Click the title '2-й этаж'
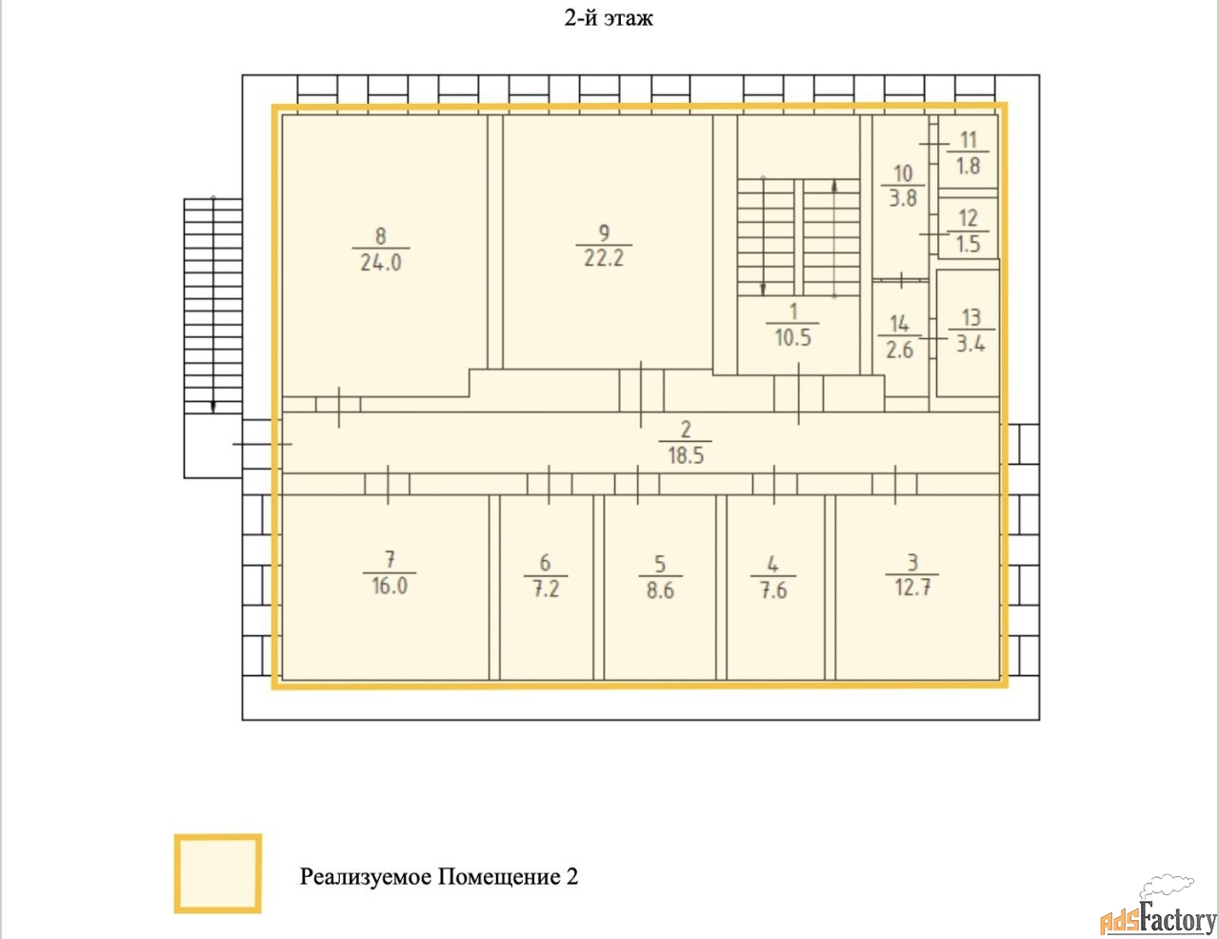coord(609,18)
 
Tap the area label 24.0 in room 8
coord(381,263)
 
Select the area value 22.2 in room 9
coord(604,259)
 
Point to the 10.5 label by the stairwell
coord(792,338)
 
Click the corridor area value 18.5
coord(686,455)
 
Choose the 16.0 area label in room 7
coord(390,587)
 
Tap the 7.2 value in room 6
coord(546,589)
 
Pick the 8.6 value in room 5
coord(660,590)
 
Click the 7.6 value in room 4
coord(773,590)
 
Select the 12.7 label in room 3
coord(912,588)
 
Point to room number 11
coord(969,140)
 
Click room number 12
coord(969,218)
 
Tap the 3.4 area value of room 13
coord(970,344)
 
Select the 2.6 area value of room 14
coord(899,350)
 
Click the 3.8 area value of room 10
coord(903,198)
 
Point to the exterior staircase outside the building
coord(213,307)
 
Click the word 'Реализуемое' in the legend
coord(366,877)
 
